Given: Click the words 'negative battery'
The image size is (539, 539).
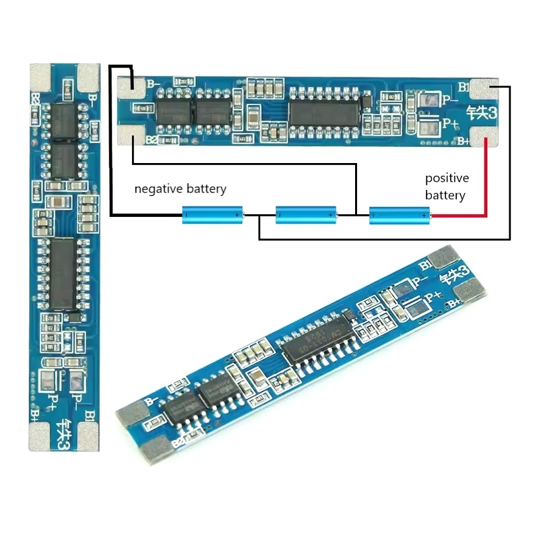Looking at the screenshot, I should click(x=180, y=189).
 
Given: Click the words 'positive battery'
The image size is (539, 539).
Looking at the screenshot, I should click(x=447, y=187).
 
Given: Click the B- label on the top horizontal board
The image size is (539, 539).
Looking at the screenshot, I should click(x=153, y=84).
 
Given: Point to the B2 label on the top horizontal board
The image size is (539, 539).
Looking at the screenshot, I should click(x=152, y=140).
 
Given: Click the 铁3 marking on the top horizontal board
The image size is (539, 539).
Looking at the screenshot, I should click(x=483, y=113).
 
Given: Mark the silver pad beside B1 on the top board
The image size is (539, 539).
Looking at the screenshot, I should click(x=485, y=90).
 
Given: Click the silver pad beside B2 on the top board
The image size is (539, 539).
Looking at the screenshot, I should click(x=131, y=136).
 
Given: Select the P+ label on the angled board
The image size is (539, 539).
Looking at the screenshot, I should click(x=431, y=294).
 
